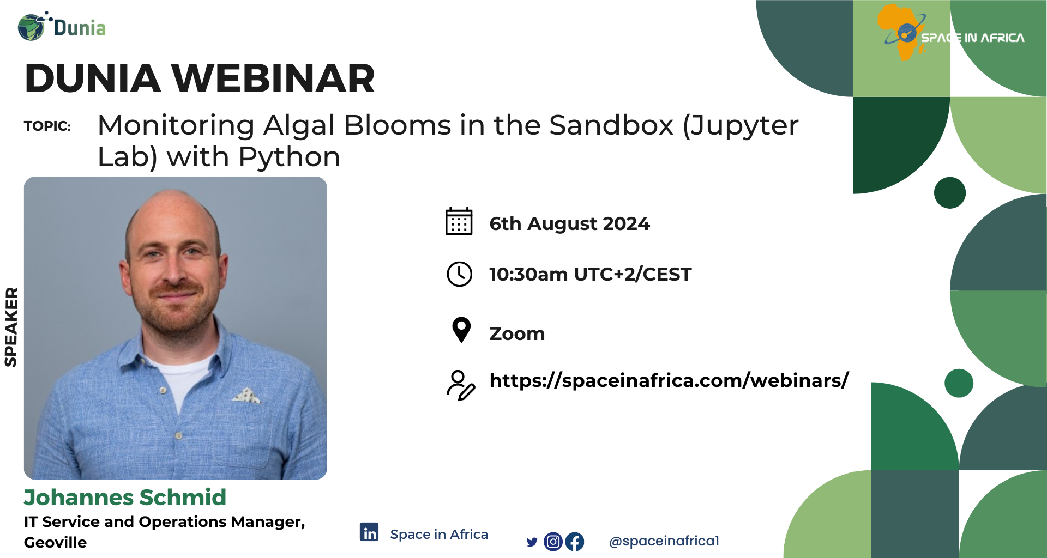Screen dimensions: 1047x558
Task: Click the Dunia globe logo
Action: pyautogui.click(x=31, y=27)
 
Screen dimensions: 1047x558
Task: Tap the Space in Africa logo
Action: pyautogui.click(x=951, y=33)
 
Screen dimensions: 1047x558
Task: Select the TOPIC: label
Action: pyautogui.click(x=47, y=126)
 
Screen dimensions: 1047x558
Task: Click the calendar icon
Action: pyautogui.click(x=459, y=221)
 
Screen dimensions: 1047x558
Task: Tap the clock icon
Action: pyautogui.click(x=460, y=274)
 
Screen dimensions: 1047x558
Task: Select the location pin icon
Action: pyautogui.click(x=461, y=330)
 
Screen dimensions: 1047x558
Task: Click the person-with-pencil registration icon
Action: pyautogui.click(x=461, y=385)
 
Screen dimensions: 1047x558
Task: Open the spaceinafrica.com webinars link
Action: pyautogui.click(x=669, y=380)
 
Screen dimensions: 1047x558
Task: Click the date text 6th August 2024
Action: pyautogui.click(x=569, y=223)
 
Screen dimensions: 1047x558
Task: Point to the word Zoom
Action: pyautogui.click(x=517, y=333)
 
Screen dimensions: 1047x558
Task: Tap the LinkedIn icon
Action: pyautogui.click(x=369, y=532)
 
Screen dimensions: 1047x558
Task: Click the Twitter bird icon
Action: pyautogui.click(x=532, y=542)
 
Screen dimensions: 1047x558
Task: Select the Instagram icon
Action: pyautogui.click(x=553, y=542)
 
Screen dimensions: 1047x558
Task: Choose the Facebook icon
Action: pyautogui.click(x=575, y=542)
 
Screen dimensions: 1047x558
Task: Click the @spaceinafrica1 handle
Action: pyautogui.click(x=664, y=541)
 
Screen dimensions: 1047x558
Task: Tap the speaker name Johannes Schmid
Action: pyautogui.click(x=125, y=498)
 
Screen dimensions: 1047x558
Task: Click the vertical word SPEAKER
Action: pyautogui.click(x=11, y=327)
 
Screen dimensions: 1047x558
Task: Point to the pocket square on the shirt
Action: pyautogui.click(x=246, y=396)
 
